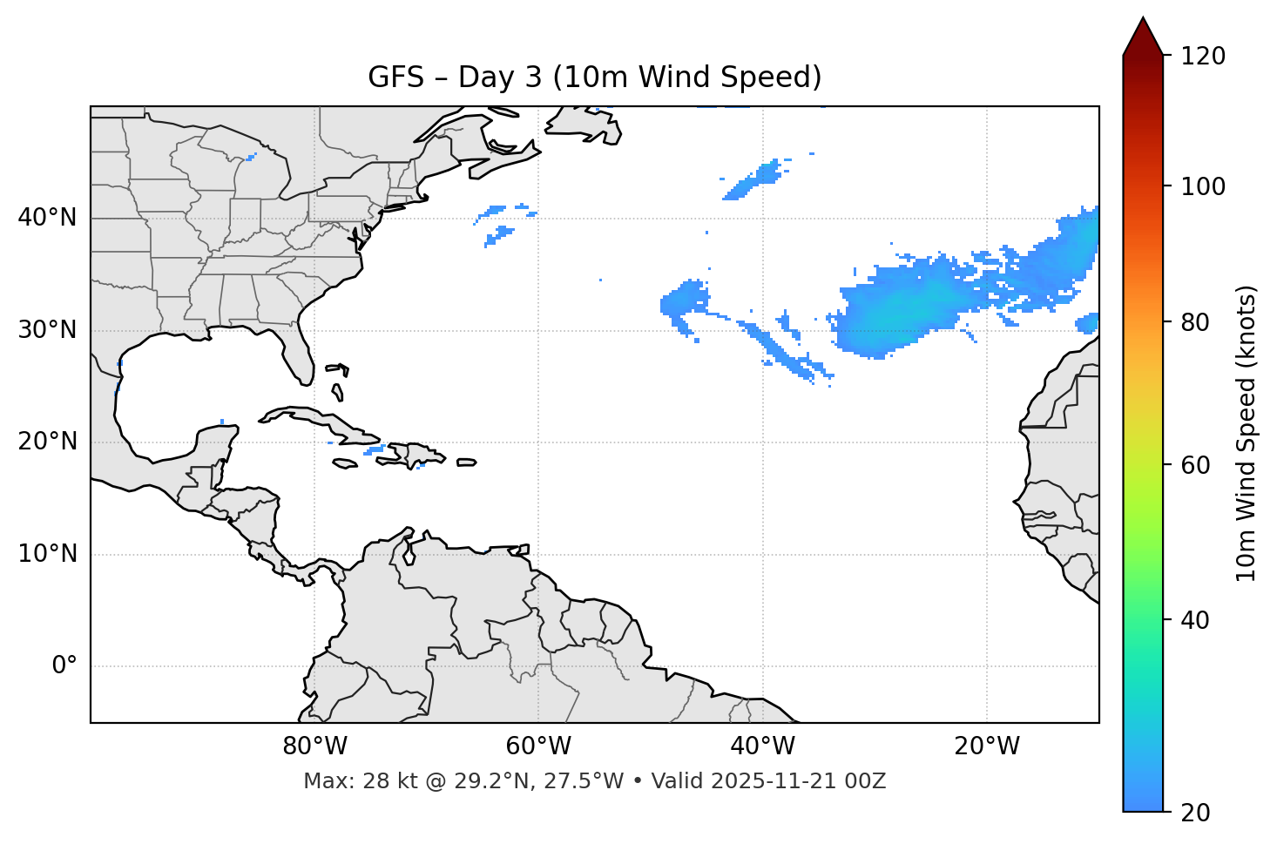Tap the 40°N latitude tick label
coord(47,218)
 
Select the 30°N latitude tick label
coord(47,330)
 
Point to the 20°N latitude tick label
coord(47,442)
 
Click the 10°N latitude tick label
coord(47,554)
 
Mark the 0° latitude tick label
coord(64,666)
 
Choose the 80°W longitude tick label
coord(314,746)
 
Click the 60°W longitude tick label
coord(538,746)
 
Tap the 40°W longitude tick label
coord(762,746)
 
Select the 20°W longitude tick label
coord(986,746)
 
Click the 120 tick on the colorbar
coord(1203,57)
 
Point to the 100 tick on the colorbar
coord(1203,186)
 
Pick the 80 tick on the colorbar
coord(1197,322)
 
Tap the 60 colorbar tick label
coord(1197,465)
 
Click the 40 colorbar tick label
coord(1197,620)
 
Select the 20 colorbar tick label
coord(1197,813)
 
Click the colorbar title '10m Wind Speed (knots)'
coord(1247,434)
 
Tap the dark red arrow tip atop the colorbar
coord(1143,35)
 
